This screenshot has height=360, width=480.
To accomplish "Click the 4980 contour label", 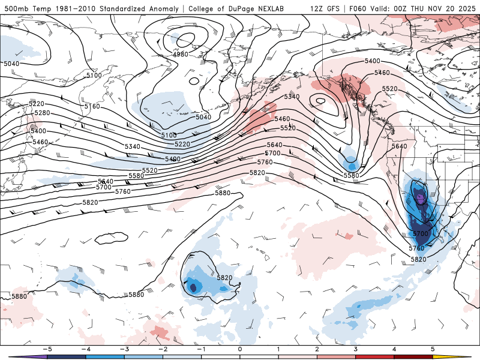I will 181,55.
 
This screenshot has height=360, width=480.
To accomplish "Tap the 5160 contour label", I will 92,106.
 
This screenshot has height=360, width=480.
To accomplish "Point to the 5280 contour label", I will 42,113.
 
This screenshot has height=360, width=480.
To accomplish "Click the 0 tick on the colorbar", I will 239,349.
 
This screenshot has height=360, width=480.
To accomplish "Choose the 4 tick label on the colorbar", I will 394,349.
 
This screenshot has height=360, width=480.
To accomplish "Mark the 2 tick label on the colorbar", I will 317,349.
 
